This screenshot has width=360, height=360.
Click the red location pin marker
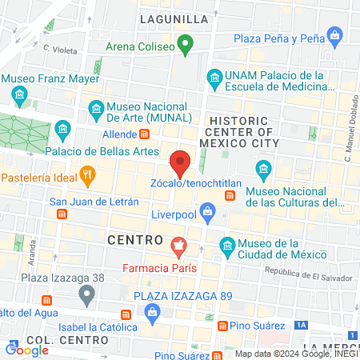tap(181, 162)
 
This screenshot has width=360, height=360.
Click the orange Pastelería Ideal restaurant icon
tap(88, 173)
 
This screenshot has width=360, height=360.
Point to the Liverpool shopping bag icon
tap(208, 212)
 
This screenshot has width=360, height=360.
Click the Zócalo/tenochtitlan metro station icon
tap(230, 195)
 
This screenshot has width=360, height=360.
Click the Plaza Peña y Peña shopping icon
tap(334, 38)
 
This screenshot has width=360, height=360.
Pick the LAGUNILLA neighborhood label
tap(174, 18)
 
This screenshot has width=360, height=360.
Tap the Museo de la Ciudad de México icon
tap(227, 243)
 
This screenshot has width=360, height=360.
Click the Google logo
tap(26, 349)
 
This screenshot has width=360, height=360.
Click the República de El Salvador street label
tap(308, 272)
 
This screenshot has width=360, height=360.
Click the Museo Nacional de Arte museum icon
tap(96, 106)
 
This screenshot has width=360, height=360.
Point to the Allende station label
tap(122, 134)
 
